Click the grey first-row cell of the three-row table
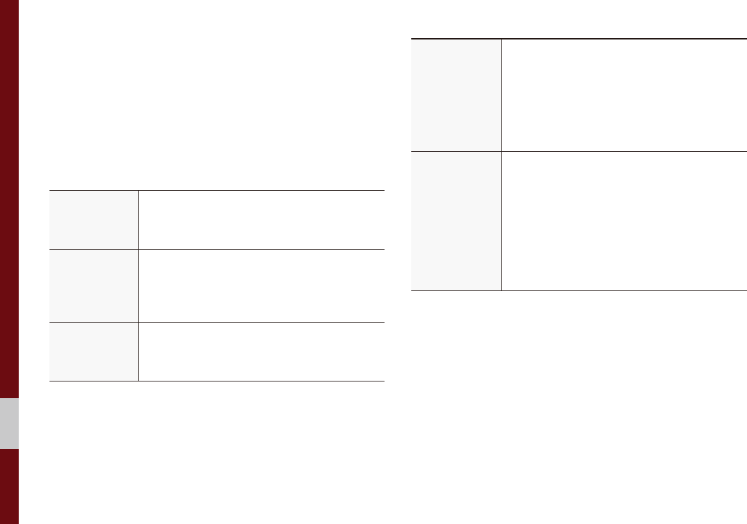tap(94, 220)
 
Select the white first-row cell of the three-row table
tap(261, 220)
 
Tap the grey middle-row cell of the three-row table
tap(94, 286)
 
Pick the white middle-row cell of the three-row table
tap(261, 286)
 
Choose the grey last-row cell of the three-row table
tap(94, 352)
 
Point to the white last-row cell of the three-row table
tap(261, 352)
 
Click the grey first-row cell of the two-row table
tap(455, 94)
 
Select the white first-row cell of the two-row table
tap(623, 94)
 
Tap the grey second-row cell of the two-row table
tap(455, 221)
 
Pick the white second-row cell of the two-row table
tap(623, 221)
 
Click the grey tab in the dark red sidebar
tap(9, 424)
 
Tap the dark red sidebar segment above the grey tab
tap(9, 201)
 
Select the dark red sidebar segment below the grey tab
tap(9, 487)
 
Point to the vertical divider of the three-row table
tap(138, 286)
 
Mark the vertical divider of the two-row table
tap(501, 164)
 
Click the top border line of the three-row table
tap(217, 190)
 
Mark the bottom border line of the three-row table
tap(217, 381)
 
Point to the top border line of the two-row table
tap(578, 38)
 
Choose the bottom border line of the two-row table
tap(578, 290)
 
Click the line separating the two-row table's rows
tap(578, 151)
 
